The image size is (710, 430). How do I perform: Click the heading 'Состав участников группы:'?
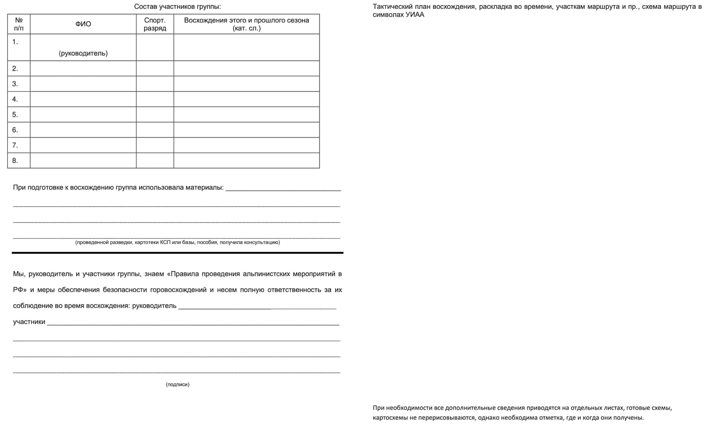click(177, 7)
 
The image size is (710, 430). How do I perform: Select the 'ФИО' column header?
click(83, 24)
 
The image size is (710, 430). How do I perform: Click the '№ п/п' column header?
click(19, 24)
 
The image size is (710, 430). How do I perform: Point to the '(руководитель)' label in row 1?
click(83, 53)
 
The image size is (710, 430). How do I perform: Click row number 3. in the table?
click(15, 84)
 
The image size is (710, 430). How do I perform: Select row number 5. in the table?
click(15, 114)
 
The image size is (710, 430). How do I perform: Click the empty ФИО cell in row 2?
click(83, 69)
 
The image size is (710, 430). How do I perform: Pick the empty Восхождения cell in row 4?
click(246, 99)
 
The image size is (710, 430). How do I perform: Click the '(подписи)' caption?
click(177, 384)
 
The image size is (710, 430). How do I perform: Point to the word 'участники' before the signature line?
click(29, 322)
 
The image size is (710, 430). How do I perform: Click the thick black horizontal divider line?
click(177, 253)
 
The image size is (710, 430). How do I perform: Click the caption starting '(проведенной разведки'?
click(177, 243)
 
